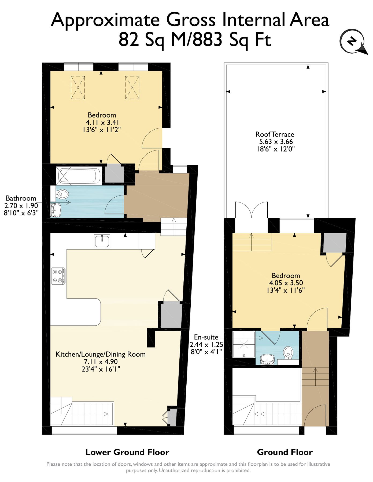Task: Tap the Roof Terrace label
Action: coord(275,134)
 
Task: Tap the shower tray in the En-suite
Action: coord(244,344)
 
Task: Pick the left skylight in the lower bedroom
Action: coord(78,88)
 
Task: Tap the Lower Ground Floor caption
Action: coord(127,452)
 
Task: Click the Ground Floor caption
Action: coord(285,452)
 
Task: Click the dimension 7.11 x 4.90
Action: coord(101,361)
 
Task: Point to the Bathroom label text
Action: coord(21,198)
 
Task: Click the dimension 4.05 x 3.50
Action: coord(286,283)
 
